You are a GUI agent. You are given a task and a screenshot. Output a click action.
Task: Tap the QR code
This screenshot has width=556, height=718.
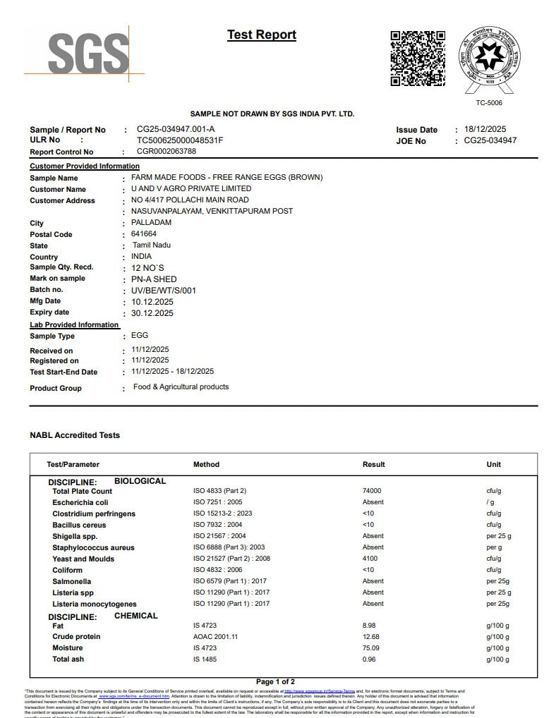click(x=418, y=59)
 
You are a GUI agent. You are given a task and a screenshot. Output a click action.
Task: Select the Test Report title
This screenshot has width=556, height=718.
click(x=262, y=35)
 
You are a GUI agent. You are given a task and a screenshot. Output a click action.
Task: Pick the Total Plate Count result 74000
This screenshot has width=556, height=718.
click(x=372, y=491)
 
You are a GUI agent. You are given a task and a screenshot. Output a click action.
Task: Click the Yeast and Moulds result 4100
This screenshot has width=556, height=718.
click(x=370, y=559)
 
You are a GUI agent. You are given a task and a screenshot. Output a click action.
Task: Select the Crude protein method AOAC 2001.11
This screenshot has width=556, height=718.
click(x=215, y=636)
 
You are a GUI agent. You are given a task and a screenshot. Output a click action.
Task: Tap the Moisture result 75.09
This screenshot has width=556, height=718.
click(x=370, y=647)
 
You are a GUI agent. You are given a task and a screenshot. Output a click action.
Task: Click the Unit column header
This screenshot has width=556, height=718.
click(x=493, y=464)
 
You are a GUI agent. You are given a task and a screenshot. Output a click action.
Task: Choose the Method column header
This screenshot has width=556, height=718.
click(x=206, y=464)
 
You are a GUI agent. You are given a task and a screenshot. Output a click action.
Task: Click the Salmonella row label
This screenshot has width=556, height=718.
click(x=71, y=581)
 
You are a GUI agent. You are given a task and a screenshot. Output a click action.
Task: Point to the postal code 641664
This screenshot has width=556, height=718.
click(x=144, y=233)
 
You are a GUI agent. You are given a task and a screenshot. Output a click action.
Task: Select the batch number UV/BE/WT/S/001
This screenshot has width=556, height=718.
click(x=164, y=290)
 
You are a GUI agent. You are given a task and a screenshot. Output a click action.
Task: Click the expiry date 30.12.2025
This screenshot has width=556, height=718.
click(x=152, y=312)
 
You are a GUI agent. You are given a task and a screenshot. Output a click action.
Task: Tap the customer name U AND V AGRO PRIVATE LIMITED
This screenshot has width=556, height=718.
click(x=191, y=189)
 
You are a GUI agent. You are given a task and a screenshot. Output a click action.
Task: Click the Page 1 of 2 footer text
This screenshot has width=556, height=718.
click(x=275, y=682)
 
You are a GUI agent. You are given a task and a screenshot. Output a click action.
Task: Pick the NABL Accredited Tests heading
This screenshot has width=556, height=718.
click(x=75, y=435)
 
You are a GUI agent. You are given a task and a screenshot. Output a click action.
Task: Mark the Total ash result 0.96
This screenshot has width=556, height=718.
click(x=369, y=659)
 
